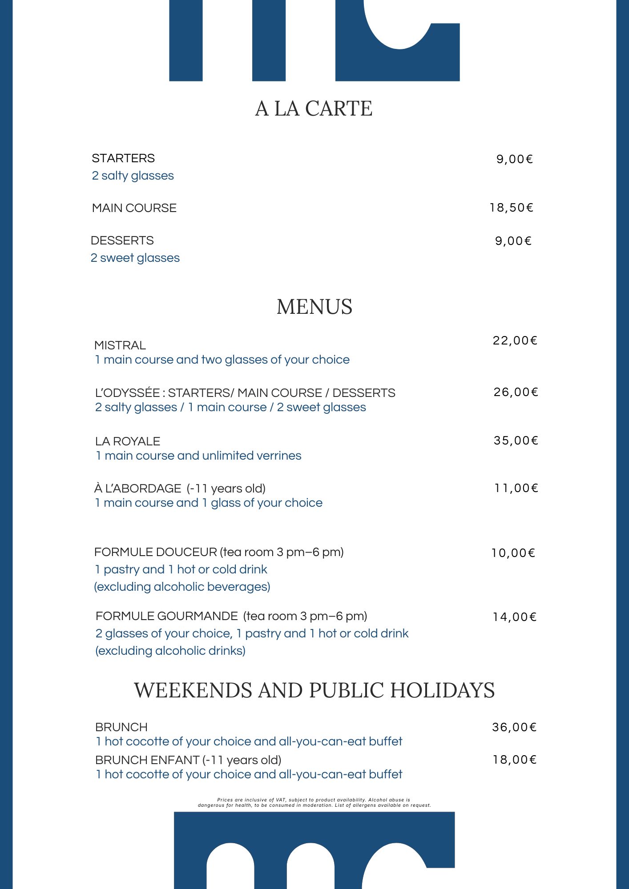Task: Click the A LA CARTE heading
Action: pyautogui.click(x=314, y=109)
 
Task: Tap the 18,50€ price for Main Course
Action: pyautogui.click(x=511, y=208)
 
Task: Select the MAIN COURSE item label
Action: pyautogui.click(x=134, y=208)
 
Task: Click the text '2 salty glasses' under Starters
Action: pyautogui.click(x=133, y=176)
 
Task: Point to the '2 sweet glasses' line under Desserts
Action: pyautogui.click(x=135, y=258)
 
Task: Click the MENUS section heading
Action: pyautogui.click(x=314, y=307)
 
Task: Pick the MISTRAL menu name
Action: pyautogui.click(x=120, y=345)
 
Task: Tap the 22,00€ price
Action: pyautogui.click(x=515, y=340)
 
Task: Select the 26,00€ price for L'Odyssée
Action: pyautogui.click(x=516, y=392)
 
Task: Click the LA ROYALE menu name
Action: pyautogui.click(x=128, y=441)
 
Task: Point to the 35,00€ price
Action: pyautogui.click(x=516, y=440)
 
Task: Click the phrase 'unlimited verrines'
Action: pyautogui.click(x=252, y=456)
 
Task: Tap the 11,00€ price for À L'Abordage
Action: pyautogui.click(x=516, y=488)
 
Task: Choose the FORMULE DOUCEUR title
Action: pyautogui.click(x=156, y=552)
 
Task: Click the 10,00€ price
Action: pyautogui.click(x=513, y=553)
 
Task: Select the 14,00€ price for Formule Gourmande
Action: pyautogui.click(x=514, y=617)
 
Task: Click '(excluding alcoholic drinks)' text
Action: pyautogui.click(x=170, y=651)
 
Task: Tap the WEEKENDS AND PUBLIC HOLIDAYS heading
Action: pyautogui.click(x=314, y=690)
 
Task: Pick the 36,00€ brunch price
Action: pyautogui.click(x=514, y=727)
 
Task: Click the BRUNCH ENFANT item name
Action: pyautogui.click(x=147, y=760)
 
